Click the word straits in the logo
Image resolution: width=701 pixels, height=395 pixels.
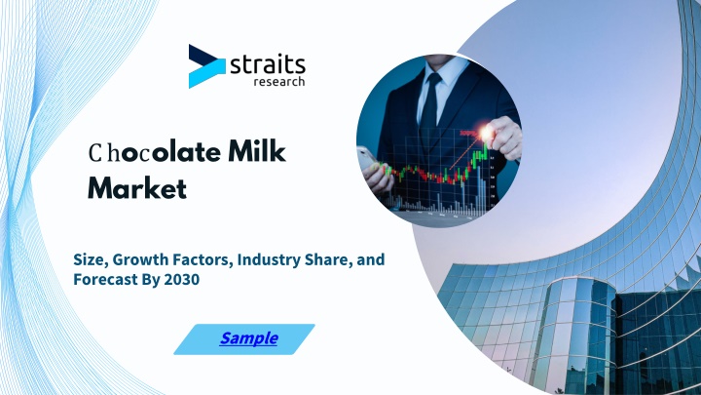click(268, 65)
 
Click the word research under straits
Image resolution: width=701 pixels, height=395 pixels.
click(279, 82)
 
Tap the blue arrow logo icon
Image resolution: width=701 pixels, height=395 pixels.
click(206, 66)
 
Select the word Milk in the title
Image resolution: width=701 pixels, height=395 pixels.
click(257, 151)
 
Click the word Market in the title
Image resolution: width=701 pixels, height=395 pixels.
click(137, 188)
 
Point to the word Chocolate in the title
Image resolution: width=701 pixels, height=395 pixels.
click(155, 152)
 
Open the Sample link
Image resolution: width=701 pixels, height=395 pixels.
click(248, 338)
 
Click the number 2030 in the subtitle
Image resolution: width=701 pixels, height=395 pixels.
click(181, 279)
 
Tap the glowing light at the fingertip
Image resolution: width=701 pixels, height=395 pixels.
click(486, 133)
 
